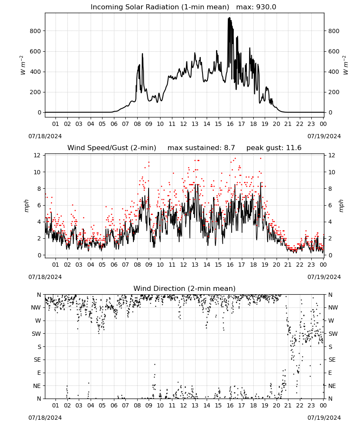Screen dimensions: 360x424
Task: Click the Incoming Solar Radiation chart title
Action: [160, 7]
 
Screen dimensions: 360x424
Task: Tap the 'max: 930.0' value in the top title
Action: [256, 7]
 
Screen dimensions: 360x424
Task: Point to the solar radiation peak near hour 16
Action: [229, 17]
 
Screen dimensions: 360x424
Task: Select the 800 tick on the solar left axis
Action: [35, 31]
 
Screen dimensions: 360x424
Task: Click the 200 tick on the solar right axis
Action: [334, 92]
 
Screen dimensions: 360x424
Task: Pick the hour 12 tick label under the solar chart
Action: [183, 124]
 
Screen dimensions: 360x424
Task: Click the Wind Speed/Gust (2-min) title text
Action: [111, 148]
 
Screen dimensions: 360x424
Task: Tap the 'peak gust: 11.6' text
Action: [274, 148]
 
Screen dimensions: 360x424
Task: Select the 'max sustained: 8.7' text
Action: [201, 148]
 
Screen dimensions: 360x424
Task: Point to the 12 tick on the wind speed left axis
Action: [37, 155]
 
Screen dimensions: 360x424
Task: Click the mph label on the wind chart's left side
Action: [26, 206]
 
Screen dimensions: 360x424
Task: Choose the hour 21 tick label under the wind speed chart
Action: [288, 265]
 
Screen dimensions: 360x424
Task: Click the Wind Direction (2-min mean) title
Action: [184, 288]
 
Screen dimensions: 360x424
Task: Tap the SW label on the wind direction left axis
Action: [36, 334]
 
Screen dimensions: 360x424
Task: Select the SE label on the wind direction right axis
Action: [332, 360]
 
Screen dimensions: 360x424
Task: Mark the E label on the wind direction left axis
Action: [39, 373]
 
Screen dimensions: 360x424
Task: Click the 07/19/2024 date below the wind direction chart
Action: [324, 418]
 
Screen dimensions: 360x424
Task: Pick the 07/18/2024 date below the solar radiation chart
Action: [45, 136]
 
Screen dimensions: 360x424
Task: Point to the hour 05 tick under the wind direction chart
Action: [102, 405]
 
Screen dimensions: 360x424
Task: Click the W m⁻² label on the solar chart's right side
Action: [346, 65]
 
